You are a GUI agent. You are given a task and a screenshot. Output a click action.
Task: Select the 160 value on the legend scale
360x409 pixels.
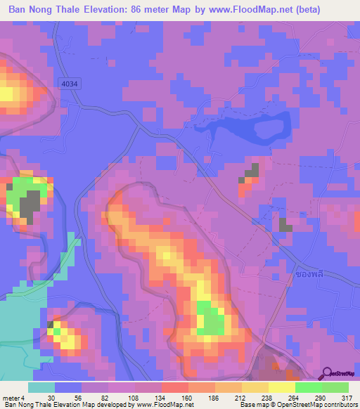(188, 398)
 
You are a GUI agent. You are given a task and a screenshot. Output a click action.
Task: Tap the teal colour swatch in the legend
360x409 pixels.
(41, 387)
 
